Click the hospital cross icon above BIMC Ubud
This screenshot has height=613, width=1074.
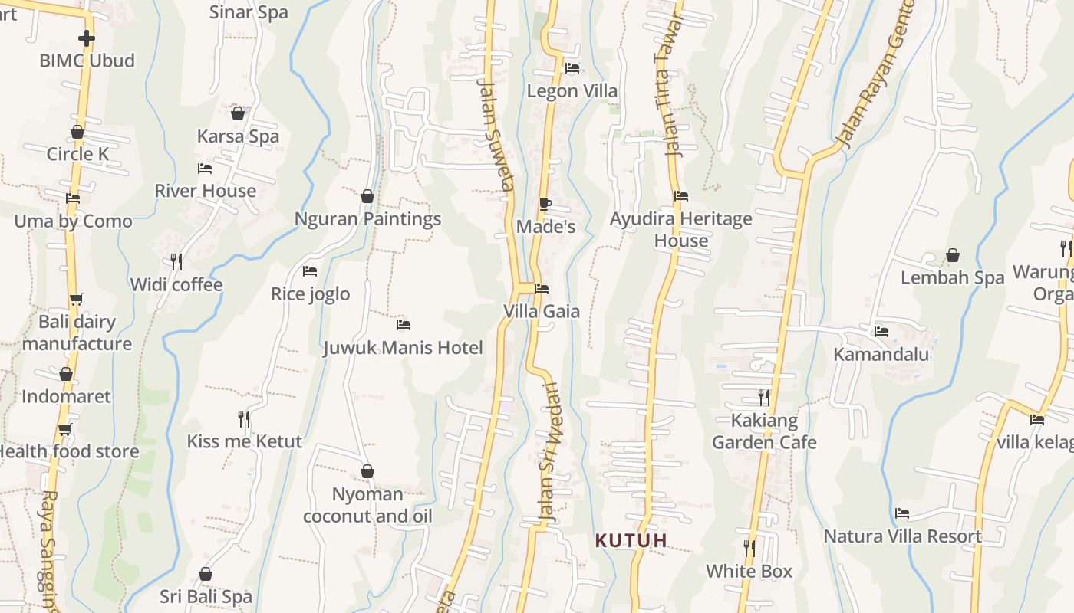click(x=87, y=38)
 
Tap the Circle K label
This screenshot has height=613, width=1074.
click(x=77, y=154)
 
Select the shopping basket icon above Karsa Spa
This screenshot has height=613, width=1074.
click(x=238, y=113)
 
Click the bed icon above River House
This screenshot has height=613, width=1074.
click(x=205, y=168)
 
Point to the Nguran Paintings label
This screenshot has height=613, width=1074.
click(x=367, y=219)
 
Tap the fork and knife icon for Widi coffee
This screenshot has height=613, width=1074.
click(x=176, y=262)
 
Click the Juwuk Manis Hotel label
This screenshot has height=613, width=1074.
click(x=403, y=348)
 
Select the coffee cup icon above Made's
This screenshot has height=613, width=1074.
click(x=545, y=204)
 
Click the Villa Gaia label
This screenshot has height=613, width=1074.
click(x=542, y=312)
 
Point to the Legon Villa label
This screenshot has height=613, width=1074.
click(x=572, y=91)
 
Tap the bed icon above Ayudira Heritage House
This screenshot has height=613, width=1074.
click(x=681, y=196)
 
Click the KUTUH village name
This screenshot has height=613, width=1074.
click(x=631, y=541)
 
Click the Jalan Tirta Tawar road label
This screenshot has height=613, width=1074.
click(x=667, y=86)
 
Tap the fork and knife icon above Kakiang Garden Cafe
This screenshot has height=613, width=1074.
click(x=763, y=397)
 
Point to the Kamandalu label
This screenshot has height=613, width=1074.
click(x=881, y=354)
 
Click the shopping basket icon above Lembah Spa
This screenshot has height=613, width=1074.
click(x=953, y=255)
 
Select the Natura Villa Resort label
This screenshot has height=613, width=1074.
click(x=903, y=536)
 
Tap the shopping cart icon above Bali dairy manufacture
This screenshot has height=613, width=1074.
click(x=76, y=299)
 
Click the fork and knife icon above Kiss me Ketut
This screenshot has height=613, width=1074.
click(x=244, y=418)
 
